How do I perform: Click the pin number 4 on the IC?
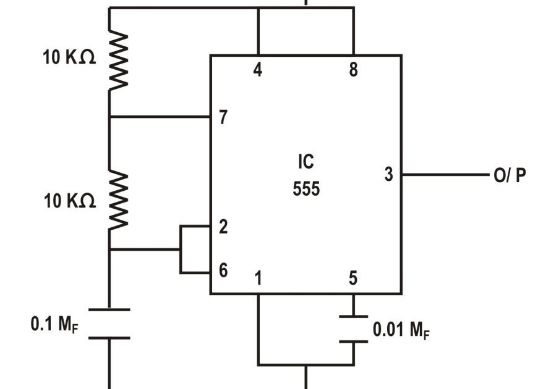coord(257,70)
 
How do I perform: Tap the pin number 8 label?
coord(353,70)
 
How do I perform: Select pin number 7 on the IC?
coord(223,117)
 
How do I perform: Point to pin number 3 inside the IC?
coord(388,175)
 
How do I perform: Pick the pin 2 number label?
coord(223,227)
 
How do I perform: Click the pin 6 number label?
coord(223,270)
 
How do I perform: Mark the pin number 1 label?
coord(258,279)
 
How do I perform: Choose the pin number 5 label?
coord(353,279)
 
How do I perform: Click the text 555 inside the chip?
coord(306,189)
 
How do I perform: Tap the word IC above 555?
coord(306,162)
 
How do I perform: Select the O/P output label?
coord(510,176)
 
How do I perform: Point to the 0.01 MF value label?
coord(401,330)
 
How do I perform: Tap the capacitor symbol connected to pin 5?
coord(353,330)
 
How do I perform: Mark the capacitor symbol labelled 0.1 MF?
coord(109,324)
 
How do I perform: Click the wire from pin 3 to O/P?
coord(445,175)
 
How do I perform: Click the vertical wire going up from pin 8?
coord(354,31)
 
